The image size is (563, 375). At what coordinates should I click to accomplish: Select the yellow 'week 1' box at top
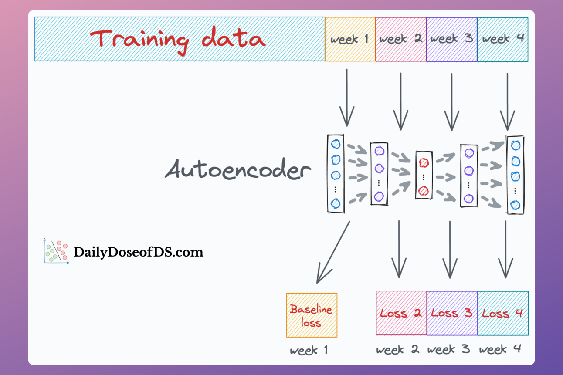350,39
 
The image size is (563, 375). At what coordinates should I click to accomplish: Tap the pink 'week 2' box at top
401,39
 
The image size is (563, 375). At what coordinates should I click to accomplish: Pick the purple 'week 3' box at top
452,39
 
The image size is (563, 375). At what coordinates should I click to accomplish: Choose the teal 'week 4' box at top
503,39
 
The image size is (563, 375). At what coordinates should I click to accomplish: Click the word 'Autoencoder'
238,170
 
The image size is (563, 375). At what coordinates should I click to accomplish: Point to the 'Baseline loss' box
312,315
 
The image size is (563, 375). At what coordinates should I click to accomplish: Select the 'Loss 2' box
401,313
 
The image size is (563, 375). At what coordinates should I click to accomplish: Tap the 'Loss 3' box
452,313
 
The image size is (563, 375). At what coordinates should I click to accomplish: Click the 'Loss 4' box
503,313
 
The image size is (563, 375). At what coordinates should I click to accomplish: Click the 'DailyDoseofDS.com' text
138,252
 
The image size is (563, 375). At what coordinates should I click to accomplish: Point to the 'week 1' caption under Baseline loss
309,350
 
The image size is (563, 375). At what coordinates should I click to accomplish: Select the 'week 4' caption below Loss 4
500,349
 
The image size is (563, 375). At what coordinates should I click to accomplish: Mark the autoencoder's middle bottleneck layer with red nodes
424,175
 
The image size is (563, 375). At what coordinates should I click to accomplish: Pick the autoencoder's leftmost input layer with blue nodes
336,174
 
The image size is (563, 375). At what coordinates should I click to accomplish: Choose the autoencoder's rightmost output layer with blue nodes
515,175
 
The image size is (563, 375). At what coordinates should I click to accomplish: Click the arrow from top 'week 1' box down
347,98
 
